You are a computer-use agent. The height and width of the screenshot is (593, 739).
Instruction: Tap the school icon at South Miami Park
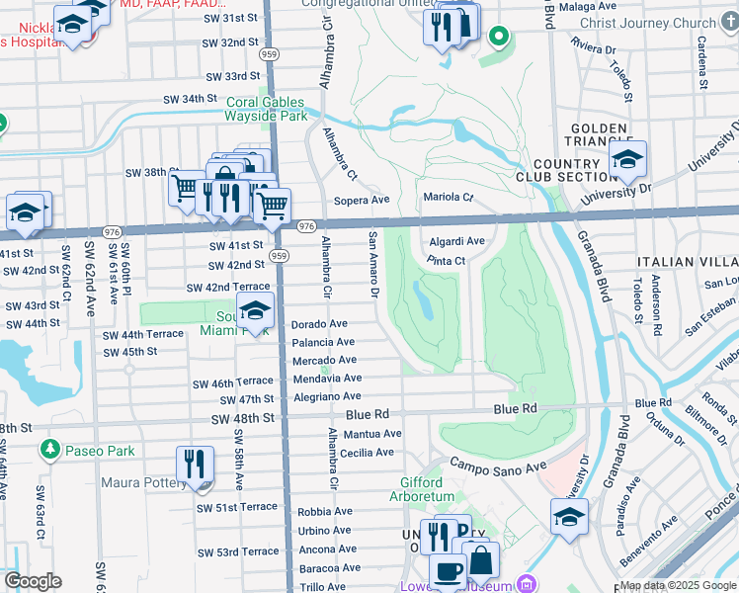(256, 312)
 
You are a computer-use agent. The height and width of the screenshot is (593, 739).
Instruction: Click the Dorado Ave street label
(319, 324)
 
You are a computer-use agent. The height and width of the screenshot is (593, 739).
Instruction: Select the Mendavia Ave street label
(327, 379)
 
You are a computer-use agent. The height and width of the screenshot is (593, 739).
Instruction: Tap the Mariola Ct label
(449, 197)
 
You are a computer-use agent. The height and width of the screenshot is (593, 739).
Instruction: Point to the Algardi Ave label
(456, 241)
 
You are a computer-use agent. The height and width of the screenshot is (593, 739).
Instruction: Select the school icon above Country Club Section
(627, 158)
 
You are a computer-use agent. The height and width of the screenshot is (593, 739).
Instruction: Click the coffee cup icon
(447, 571)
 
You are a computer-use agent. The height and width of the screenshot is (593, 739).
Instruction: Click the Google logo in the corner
(32, 581)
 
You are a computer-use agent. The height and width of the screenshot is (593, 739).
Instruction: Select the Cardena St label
(700, 59)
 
